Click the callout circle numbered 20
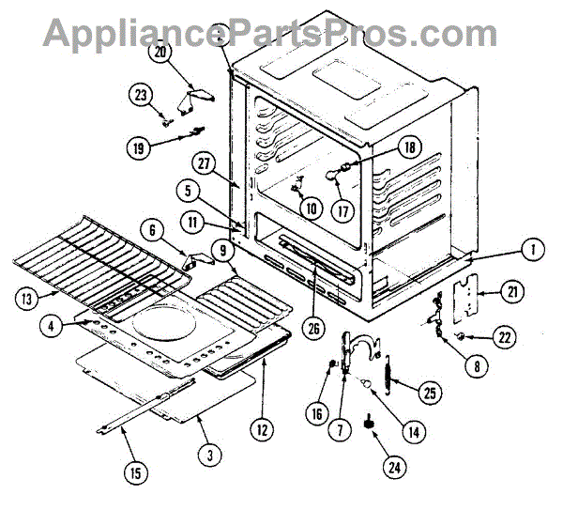tap(160, 54)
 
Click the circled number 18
tap(409, 147)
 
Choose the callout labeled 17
tap(342, 210)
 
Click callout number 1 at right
tap(531, 251)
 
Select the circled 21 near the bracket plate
tap(511, 292)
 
